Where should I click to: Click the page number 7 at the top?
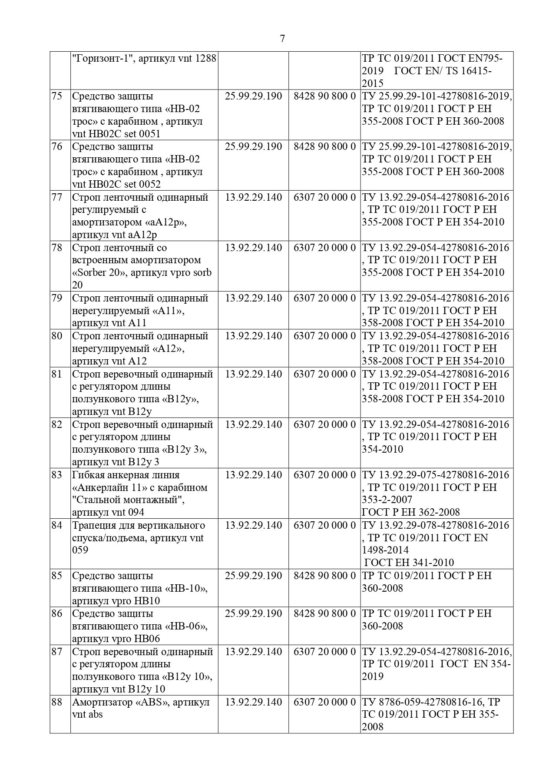(x=282, y=39)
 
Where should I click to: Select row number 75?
(x=57, y=96)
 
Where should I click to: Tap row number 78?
(x=57, y=248)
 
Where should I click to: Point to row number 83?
(x=57, y=475)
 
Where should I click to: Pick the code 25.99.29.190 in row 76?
(x=253, y=147)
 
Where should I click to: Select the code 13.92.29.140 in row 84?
(x=253, y=526)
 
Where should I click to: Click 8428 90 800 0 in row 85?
(x=324, y=576)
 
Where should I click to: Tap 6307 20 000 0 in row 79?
(x=324, y=298)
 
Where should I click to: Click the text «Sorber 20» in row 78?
(x=99, y=273)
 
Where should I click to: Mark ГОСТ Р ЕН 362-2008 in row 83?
(x=411, y=513)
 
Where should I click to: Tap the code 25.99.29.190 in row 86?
(x=253, y=614)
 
